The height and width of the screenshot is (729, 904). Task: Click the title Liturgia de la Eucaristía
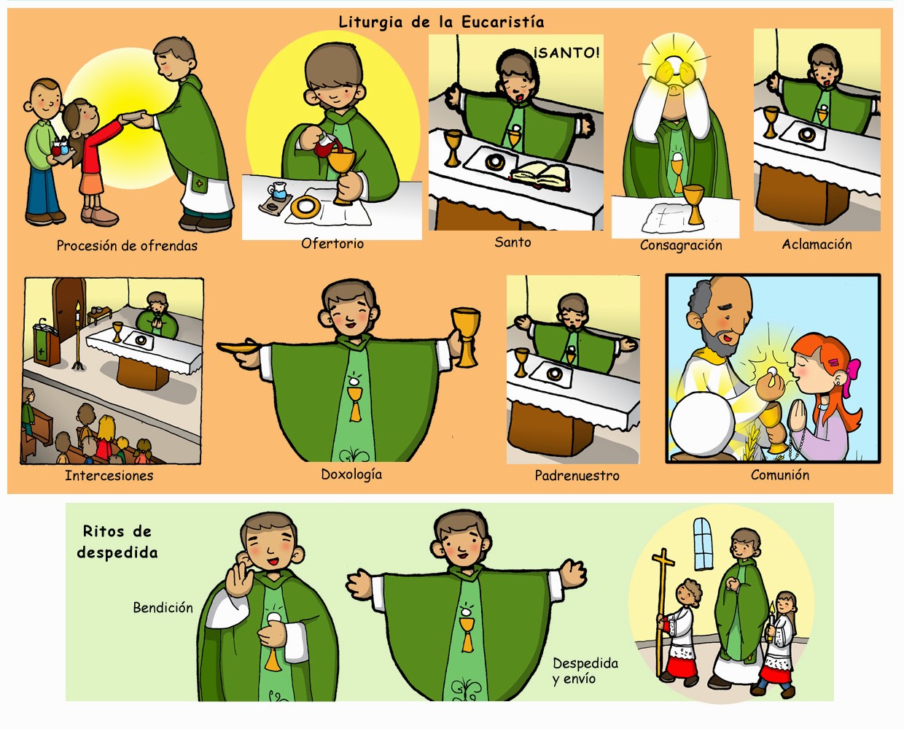click(x=441, y=22)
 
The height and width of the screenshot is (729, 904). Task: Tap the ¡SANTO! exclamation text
click(x=566, y=53)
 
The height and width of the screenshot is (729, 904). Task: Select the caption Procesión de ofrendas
click(x=127, y=245)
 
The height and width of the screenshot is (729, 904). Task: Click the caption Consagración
click(x=681, y=245)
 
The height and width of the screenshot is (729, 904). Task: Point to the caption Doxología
click(x=351, y=474)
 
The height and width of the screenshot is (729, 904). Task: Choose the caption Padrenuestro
click(x=577, y=476)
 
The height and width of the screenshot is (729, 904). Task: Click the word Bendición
click(x=163, y=607)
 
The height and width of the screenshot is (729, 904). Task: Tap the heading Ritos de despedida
click(x=117, y=542)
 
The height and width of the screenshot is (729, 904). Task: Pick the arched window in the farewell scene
click(x=704, y=544)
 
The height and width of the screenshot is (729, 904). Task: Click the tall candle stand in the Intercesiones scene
click(x=78, y=336)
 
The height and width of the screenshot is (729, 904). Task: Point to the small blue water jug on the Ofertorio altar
click(x=277, y=191)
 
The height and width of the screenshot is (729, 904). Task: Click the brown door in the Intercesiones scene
click(x=69, y=308)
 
